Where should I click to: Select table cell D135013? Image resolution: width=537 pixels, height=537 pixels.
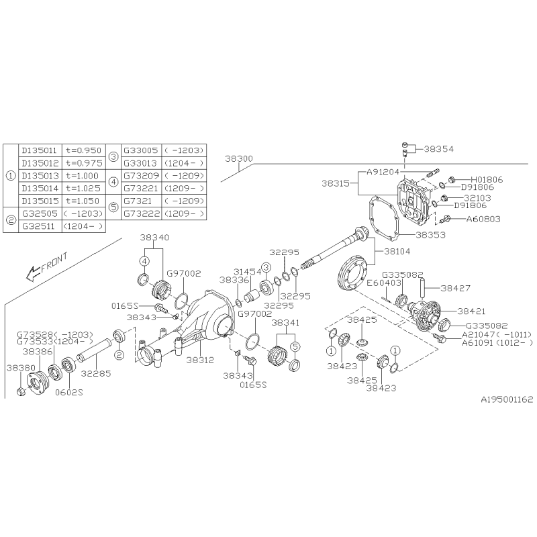40,176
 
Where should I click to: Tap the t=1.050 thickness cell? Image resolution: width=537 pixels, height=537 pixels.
83,201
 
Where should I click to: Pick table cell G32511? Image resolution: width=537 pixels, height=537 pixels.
40,226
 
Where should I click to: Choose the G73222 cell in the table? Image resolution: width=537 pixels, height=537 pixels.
142,213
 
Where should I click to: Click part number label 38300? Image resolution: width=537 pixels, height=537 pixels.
239,158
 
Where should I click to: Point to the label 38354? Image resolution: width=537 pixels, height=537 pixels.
439,149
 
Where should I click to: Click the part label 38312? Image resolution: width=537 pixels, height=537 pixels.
200,360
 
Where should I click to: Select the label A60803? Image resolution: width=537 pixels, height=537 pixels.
483,219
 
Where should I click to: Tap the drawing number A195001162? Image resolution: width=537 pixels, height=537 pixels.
507,399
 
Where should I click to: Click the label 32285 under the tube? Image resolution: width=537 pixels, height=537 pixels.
96,374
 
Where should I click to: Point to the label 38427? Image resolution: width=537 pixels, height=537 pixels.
456,288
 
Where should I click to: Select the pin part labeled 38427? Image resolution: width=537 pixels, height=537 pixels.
422,289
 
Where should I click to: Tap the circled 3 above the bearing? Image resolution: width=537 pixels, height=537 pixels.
265,267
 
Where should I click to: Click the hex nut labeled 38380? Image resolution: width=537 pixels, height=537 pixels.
21,391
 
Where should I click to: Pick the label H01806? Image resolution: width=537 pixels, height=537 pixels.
487,179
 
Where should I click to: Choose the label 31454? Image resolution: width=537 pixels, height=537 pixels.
247,272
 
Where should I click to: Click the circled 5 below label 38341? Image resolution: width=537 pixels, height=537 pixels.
295,346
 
